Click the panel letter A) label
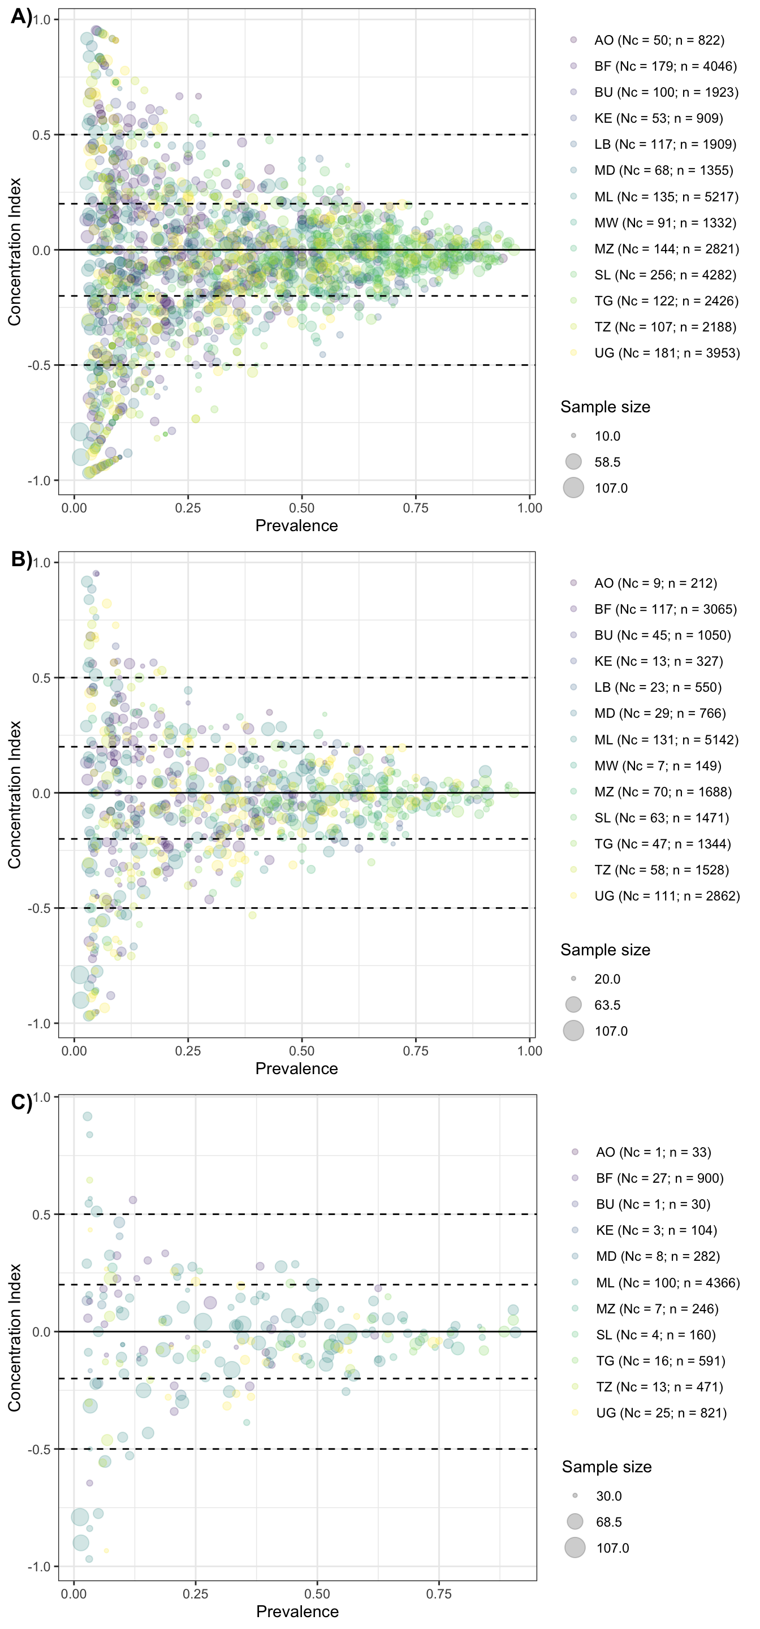(x=21, y=16)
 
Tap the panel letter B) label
(x=21, y=559)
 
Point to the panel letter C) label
(x=21, y=1102)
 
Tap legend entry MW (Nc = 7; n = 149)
(x=658, y=766)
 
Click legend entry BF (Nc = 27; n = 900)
(x=659, y=1178)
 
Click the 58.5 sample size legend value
(x=607, y=462)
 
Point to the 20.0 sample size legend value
(x=607, y=979)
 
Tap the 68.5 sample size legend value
(x=609, y=1522)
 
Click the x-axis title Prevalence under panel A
(x=296, y=525)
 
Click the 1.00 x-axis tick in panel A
(x=529, y=508)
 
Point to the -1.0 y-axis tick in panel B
(x=39, y=1023)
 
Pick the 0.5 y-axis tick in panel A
(x=42, y=135)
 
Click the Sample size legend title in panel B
(x=605, y=950)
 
